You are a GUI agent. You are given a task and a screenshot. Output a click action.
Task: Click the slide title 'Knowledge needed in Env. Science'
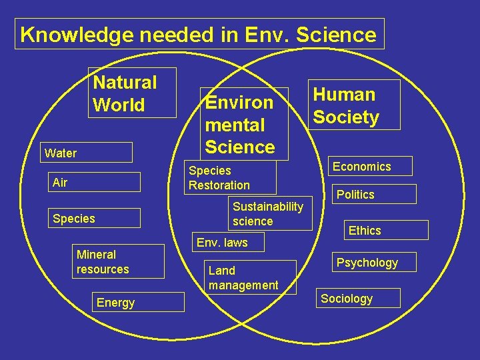199,34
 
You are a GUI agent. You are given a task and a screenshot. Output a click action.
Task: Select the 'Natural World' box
132,93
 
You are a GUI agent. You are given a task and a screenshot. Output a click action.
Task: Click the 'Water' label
86,153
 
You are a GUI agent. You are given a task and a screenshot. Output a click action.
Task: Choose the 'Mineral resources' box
119,261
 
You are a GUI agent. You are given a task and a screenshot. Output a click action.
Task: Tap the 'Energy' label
138,302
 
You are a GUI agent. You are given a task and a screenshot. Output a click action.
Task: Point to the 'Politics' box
375,194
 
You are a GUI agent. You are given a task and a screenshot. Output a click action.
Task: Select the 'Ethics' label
365,231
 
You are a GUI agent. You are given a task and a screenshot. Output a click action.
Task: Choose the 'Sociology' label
359,298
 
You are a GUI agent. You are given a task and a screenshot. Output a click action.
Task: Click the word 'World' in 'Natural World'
119,105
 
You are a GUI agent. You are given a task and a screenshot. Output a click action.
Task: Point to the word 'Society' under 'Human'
346,117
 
